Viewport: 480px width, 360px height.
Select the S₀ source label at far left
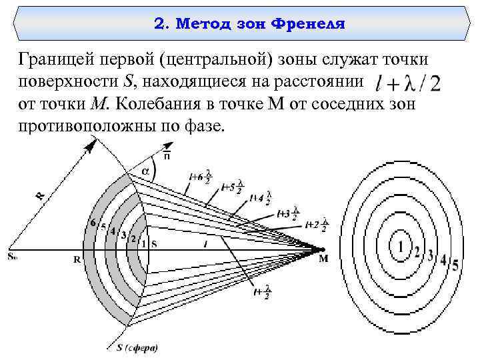13,256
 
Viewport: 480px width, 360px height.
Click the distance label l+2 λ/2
316,225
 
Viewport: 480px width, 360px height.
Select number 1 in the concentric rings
401,247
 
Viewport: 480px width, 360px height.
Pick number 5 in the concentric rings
455,265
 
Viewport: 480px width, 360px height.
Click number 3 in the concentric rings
430,255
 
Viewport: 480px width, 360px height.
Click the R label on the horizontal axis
77,261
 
